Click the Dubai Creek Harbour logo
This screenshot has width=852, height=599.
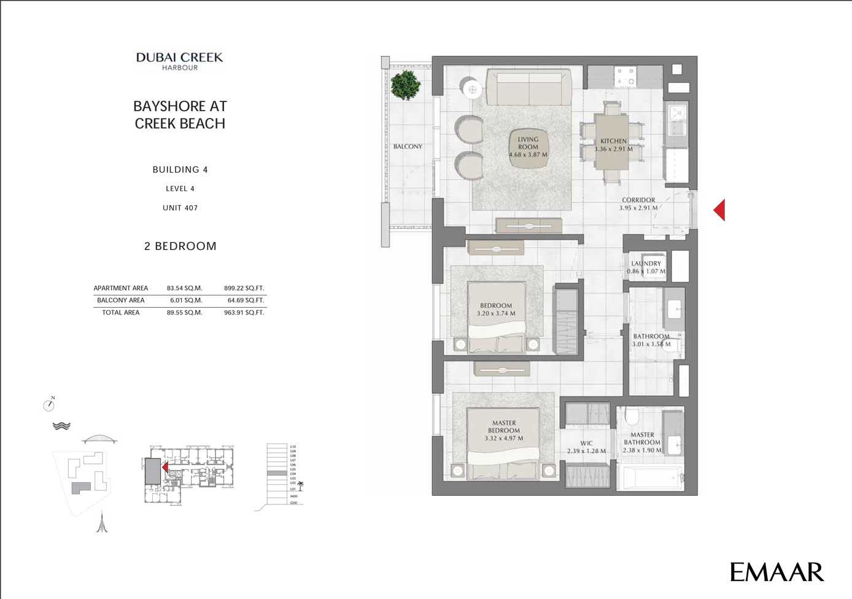[x=179, y=61]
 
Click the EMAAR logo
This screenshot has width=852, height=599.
[x=776, y=572]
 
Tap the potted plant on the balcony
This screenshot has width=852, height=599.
[x=405, y=85]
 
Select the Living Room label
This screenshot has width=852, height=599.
[x=528, y=143]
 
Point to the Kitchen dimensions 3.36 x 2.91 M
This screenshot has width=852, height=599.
[x=613, y=149]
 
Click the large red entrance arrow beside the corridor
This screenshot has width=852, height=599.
[x=719, y=209]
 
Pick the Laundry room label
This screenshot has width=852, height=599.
[x=646, y=264]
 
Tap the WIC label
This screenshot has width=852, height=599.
[x=586, y=443]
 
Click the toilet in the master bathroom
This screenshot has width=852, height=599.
[x=631, y=417]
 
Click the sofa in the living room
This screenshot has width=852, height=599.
[x=529, y=87]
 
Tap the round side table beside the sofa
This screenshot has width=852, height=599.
[x=473, y=90]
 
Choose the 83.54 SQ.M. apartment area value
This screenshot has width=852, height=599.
[x=184, y=288]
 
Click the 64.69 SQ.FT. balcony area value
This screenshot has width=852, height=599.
[x=246, y=300]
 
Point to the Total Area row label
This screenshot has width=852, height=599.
[x=121, y=313]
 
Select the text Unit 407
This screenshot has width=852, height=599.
[x=180, y=208]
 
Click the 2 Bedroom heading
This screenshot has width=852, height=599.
[x=180, y=246]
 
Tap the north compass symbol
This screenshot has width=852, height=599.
[x=49, y=404]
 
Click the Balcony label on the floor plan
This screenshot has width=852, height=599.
[x=408, y=147]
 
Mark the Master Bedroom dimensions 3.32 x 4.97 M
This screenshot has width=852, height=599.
[x=503, y=439]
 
